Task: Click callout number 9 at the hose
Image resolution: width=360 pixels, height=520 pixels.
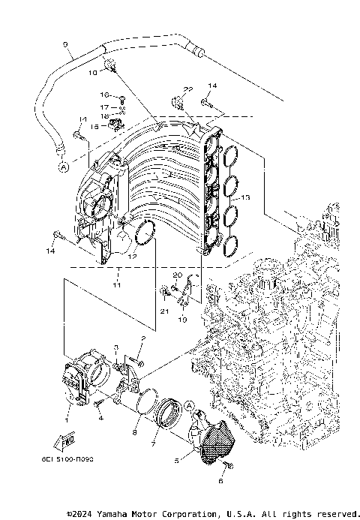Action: (66, 45)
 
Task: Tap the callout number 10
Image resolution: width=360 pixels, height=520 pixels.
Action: (93, 73)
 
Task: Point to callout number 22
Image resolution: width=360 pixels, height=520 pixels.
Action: (189, 89)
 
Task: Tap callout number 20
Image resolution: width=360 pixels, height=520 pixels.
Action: (178, 275)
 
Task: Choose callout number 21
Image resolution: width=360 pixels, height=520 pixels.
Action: (162, 310)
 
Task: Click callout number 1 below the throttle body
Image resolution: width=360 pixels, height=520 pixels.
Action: (68, 410)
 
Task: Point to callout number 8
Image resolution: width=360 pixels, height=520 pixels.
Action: (135, 433)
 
